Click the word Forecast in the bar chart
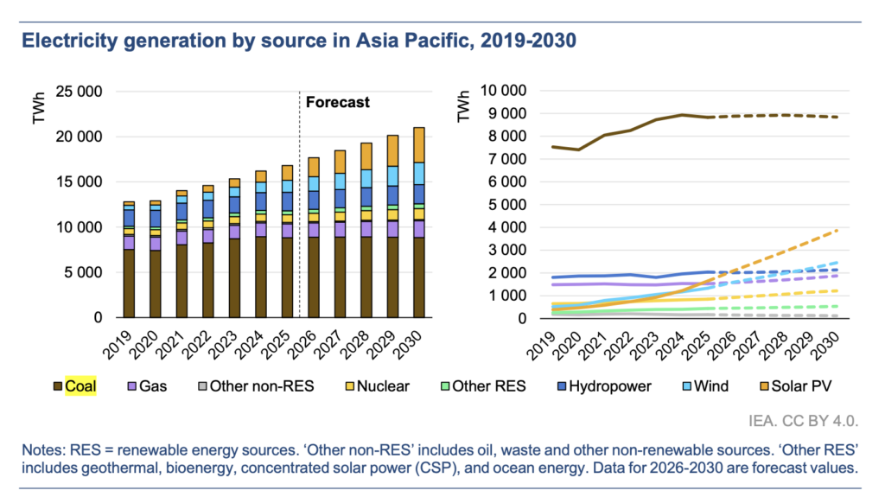338,102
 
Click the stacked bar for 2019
129,259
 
